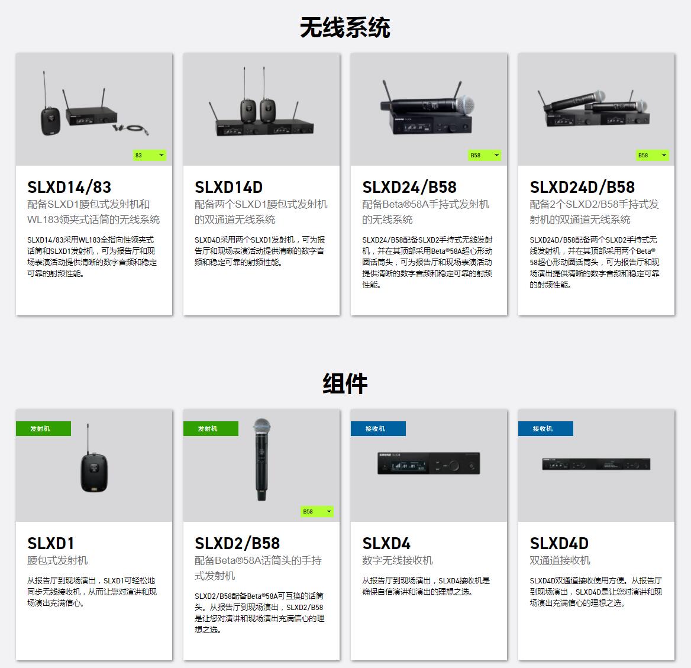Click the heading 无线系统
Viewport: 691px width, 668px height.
coord(345,27)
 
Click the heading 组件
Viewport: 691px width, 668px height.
coord(345,383)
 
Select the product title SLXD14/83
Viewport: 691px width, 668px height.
coord(69,188)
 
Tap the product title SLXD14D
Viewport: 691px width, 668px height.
coord(229,188)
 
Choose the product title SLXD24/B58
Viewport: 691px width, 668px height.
coord(409,188)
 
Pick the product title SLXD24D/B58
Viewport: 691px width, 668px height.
coord(582,188)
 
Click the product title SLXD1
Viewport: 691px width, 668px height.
coord(51,543)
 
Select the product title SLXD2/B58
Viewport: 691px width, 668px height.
coord(238,543)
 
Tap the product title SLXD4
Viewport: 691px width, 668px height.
coord(386,543)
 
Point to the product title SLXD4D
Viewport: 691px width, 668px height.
coord(559,543)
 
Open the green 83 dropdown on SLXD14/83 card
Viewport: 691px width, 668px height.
coord(150,155)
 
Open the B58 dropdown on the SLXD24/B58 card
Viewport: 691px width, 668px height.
coord(485,155)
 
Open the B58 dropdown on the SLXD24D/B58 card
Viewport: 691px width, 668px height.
coord(652,155)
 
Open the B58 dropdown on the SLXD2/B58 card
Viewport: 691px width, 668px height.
coord(317,511)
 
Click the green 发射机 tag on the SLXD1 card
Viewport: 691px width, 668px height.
coord(43,429)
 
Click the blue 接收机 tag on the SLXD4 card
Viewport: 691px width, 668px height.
coord(378,429)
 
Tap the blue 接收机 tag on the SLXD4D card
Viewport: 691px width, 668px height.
coord(545,429)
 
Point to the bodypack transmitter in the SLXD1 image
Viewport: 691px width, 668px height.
coord(94,472)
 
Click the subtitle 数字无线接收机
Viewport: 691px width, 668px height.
coord(398,560)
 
